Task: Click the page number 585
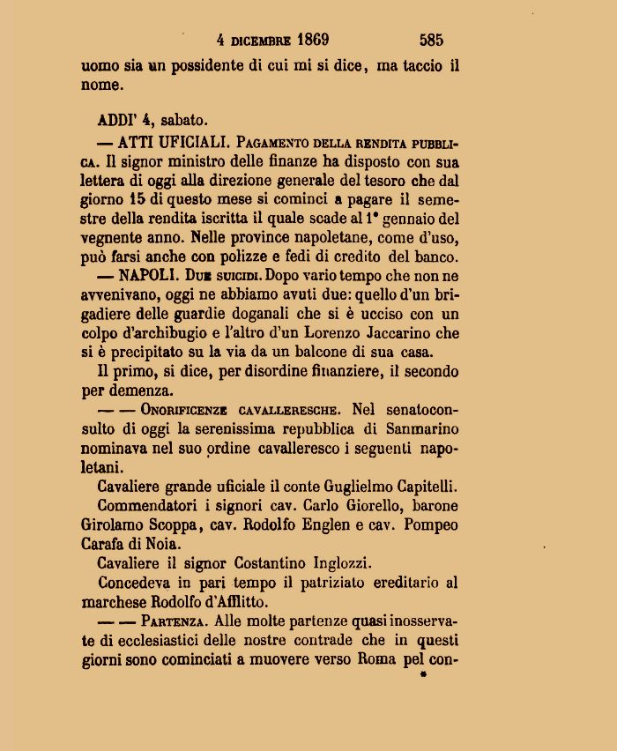tap(431, 40)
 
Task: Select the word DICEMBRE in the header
tap(261, 41)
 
